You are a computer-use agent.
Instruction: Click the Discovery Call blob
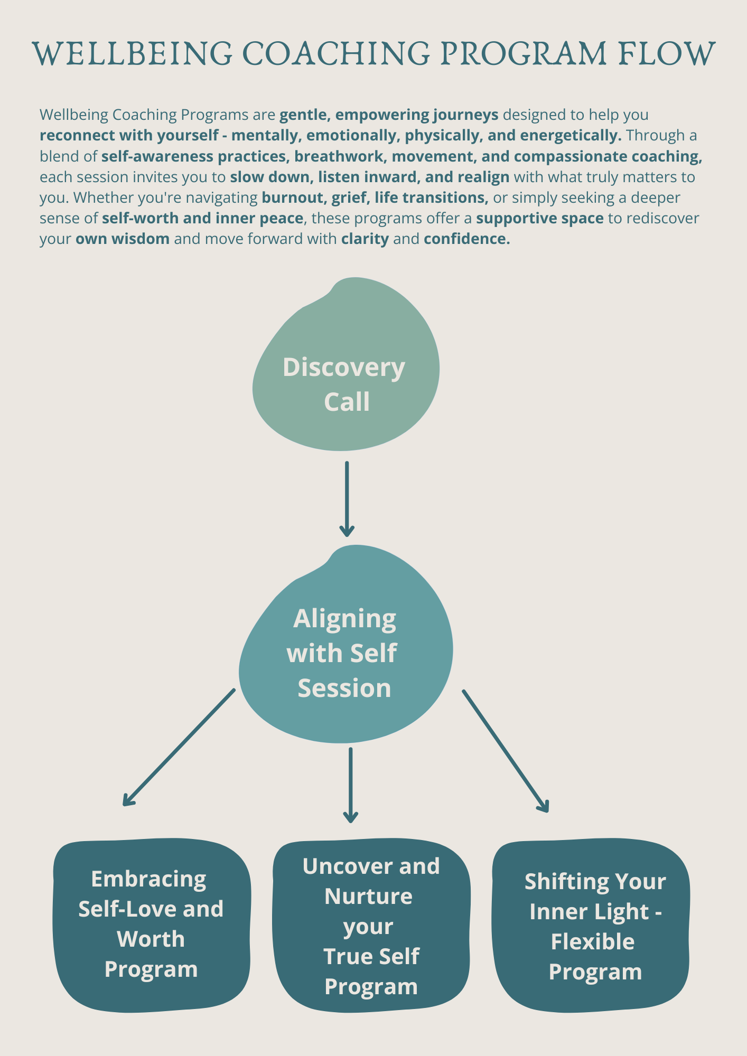click(346, 370)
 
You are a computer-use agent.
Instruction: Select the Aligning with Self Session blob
click(346, 649)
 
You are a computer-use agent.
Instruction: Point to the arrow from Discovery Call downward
click(347, 499)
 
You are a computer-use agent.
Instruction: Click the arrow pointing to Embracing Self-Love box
click(179, 747)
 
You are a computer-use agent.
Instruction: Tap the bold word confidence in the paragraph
click(466, 239)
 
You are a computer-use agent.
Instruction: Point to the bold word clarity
click(365, 239)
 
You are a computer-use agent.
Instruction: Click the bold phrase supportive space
click(539, 218)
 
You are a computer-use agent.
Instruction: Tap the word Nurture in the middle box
click(368, 896)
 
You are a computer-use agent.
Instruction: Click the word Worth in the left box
click(151, 939)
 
